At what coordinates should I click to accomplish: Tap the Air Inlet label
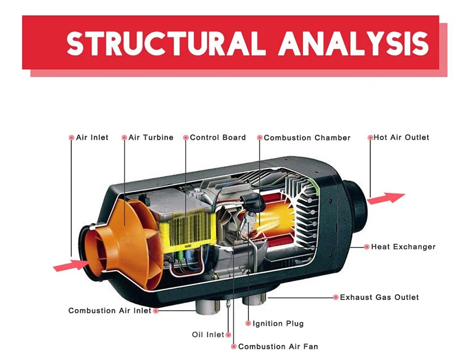tap(92, 138)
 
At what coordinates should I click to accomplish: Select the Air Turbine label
tap(151, 138)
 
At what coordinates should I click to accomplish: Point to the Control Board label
tap(218, 138)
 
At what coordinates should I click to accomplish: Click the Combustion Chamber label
tap(307, 138)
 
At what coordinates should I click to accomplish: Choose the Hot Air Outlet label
tap(401, 138)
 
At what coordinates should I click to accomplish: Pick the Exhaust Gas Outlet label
tap(380, 297)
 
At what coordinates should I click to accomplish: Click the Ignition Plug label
tap(278, 324)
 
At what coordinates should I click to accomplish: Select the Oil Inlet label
tap(208, 335)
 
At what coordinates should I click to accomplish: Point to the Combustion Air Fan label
tap(278, 347)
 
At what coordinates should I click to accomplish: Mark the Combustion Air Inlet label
tap(110, 311)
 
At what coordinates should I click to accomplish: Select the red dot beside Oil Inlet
tap(229, 335)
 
